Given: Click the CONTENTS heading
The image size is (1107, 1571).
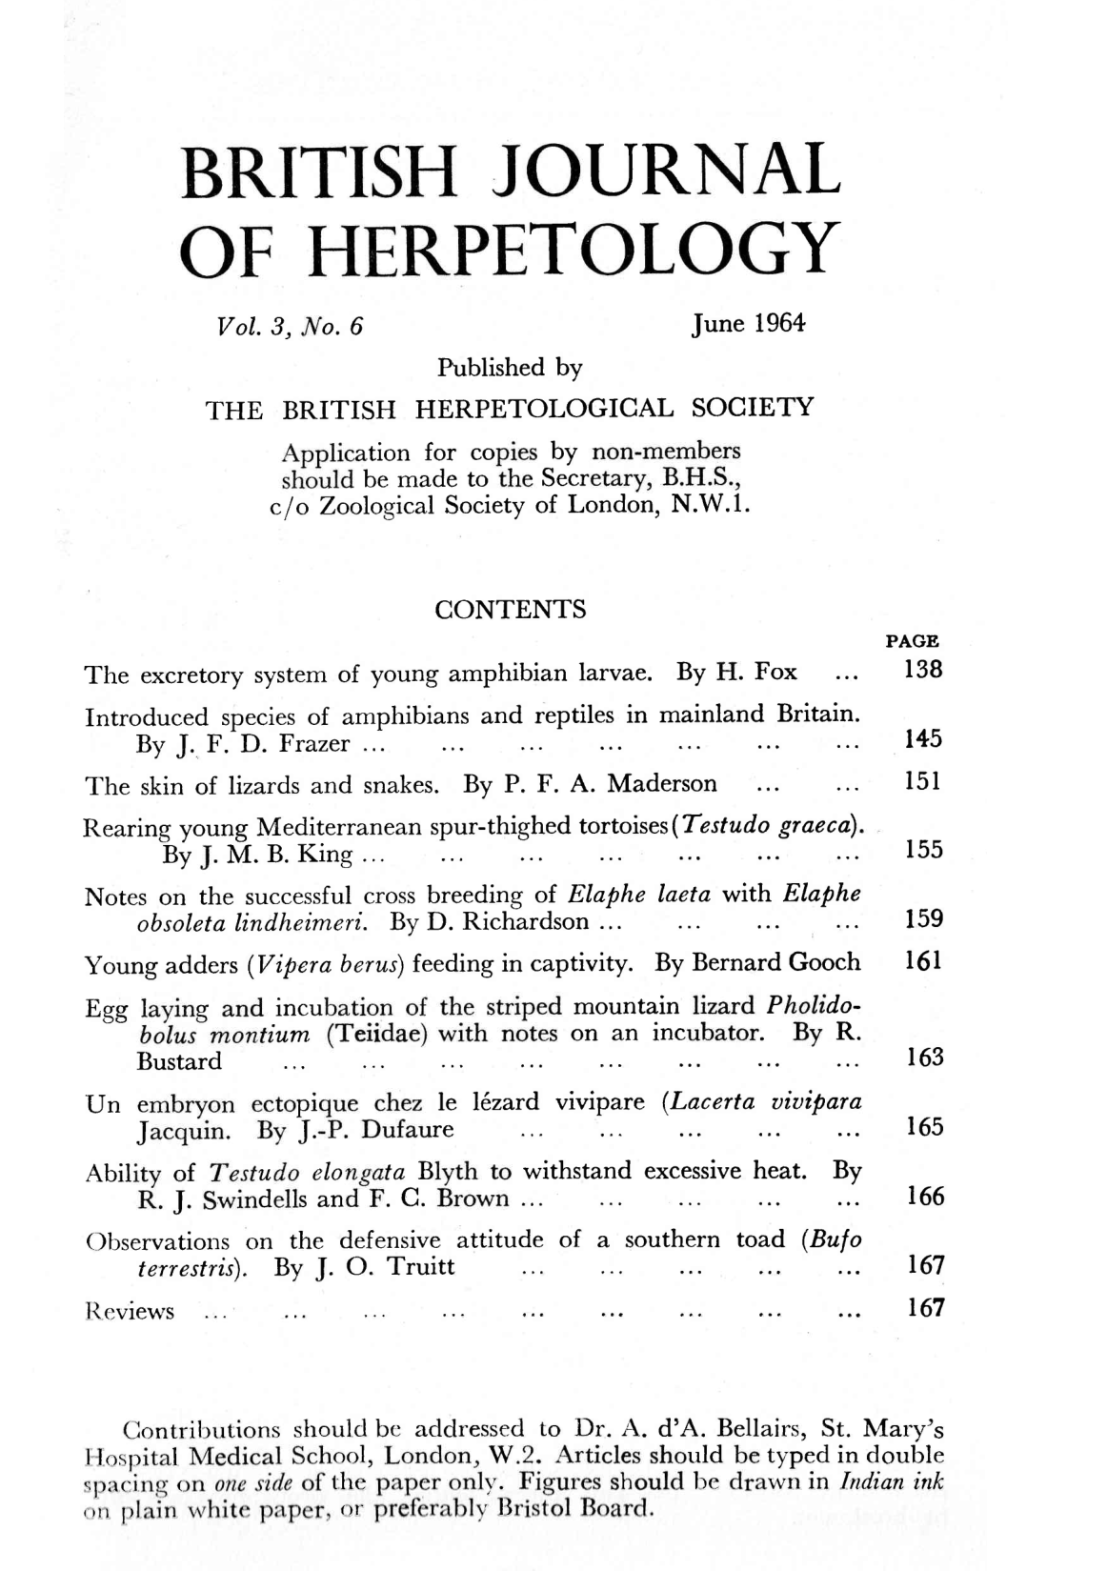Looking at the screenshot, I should (x=510, y=610).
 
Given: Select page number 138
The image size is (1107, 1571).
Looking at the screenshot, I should (x=922, y=670).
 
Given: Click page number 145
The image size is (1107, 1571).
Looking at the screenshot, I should (x=922, y=739).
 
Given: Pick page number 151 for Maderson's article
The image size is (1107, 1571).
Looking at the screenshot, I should (x=922, y=783).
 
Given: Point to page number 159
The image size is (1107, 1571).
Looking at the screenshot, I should (x=922, y=919).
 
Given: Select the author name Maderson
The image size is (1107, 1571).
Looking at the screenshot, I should (x=662, y=784).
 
